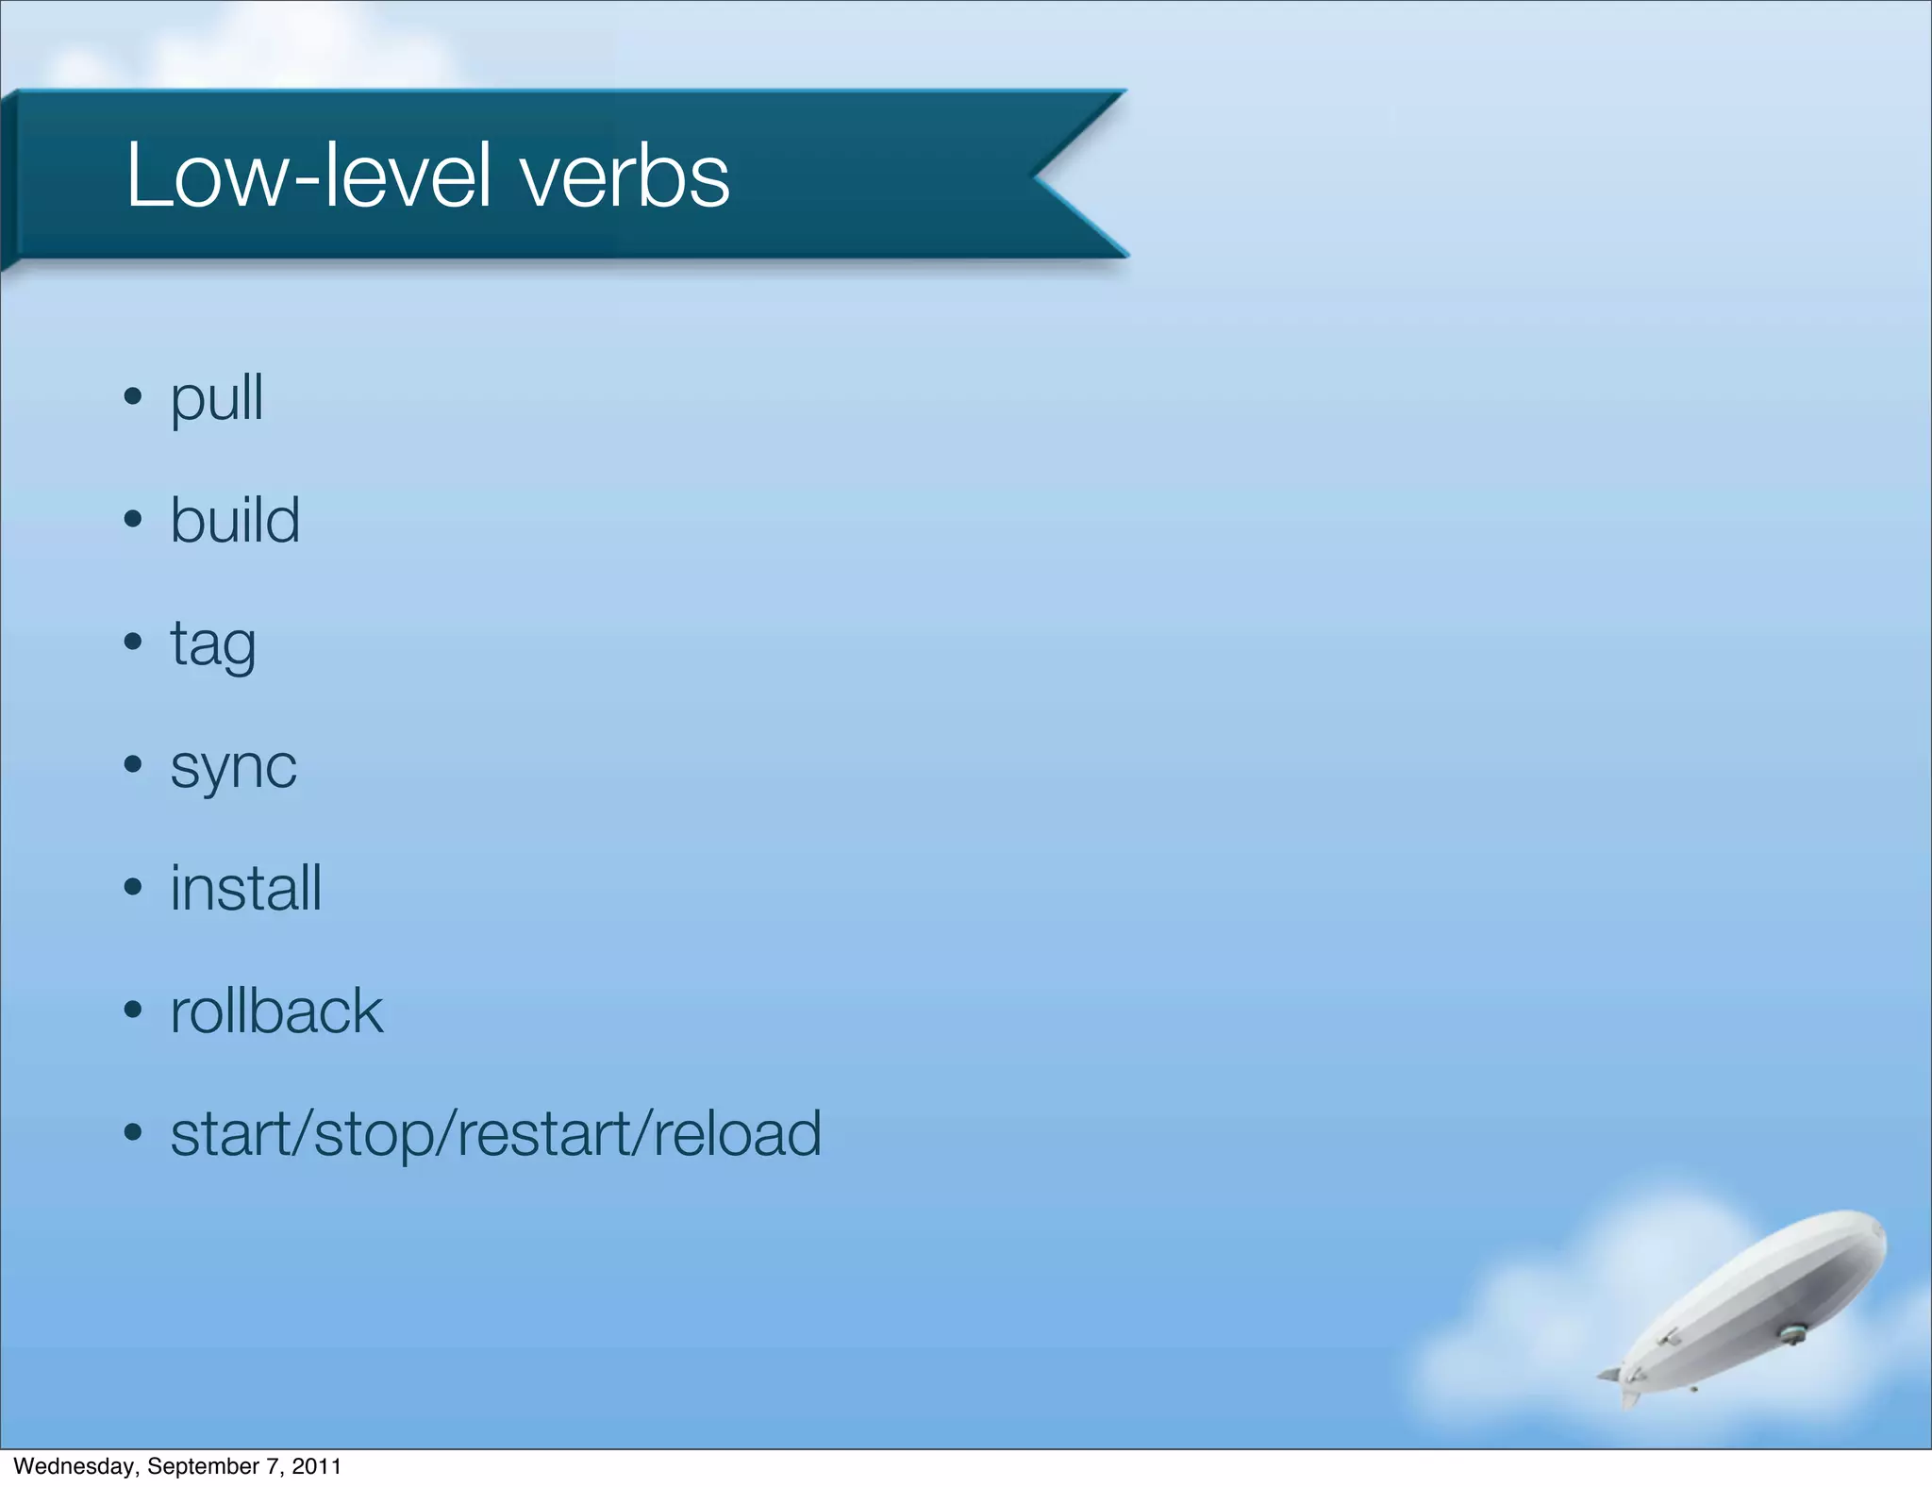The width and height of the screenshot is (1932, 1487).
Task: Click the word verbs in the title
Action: click(x=625, y=175)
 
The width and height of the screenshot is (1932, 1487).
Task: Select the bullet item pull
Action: click(x=216, y=398)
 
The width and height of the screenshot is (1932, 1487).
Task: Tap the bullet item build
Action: click(x=235, y=520)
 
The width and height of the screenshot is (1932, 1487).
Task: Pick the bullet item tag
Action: click(x=213, y=645)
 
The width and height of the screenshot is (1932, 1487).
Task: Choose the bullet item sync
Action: click(x=233, y=767)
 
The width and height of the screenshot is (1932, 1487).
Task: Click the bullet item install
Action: click(x=245, y=888)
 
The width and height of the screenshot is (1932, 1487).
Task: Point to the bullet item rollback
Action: click(x=276, y=1011)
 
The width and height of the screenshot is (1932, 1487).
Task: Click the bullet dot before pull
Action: click(x=133, y=395)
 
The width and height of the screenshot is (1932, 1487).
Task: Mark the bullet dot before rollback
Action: click(x=133, y=1009)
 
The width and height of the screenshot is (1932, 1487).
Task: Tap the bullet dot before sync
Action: click(x=133, y=763)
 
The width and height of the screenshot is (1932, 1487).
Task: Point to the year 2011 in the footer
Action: click(x=316, y=1466)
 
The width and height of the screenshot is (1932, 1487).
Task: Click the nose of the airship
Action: click(x=1874, y=1228)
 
